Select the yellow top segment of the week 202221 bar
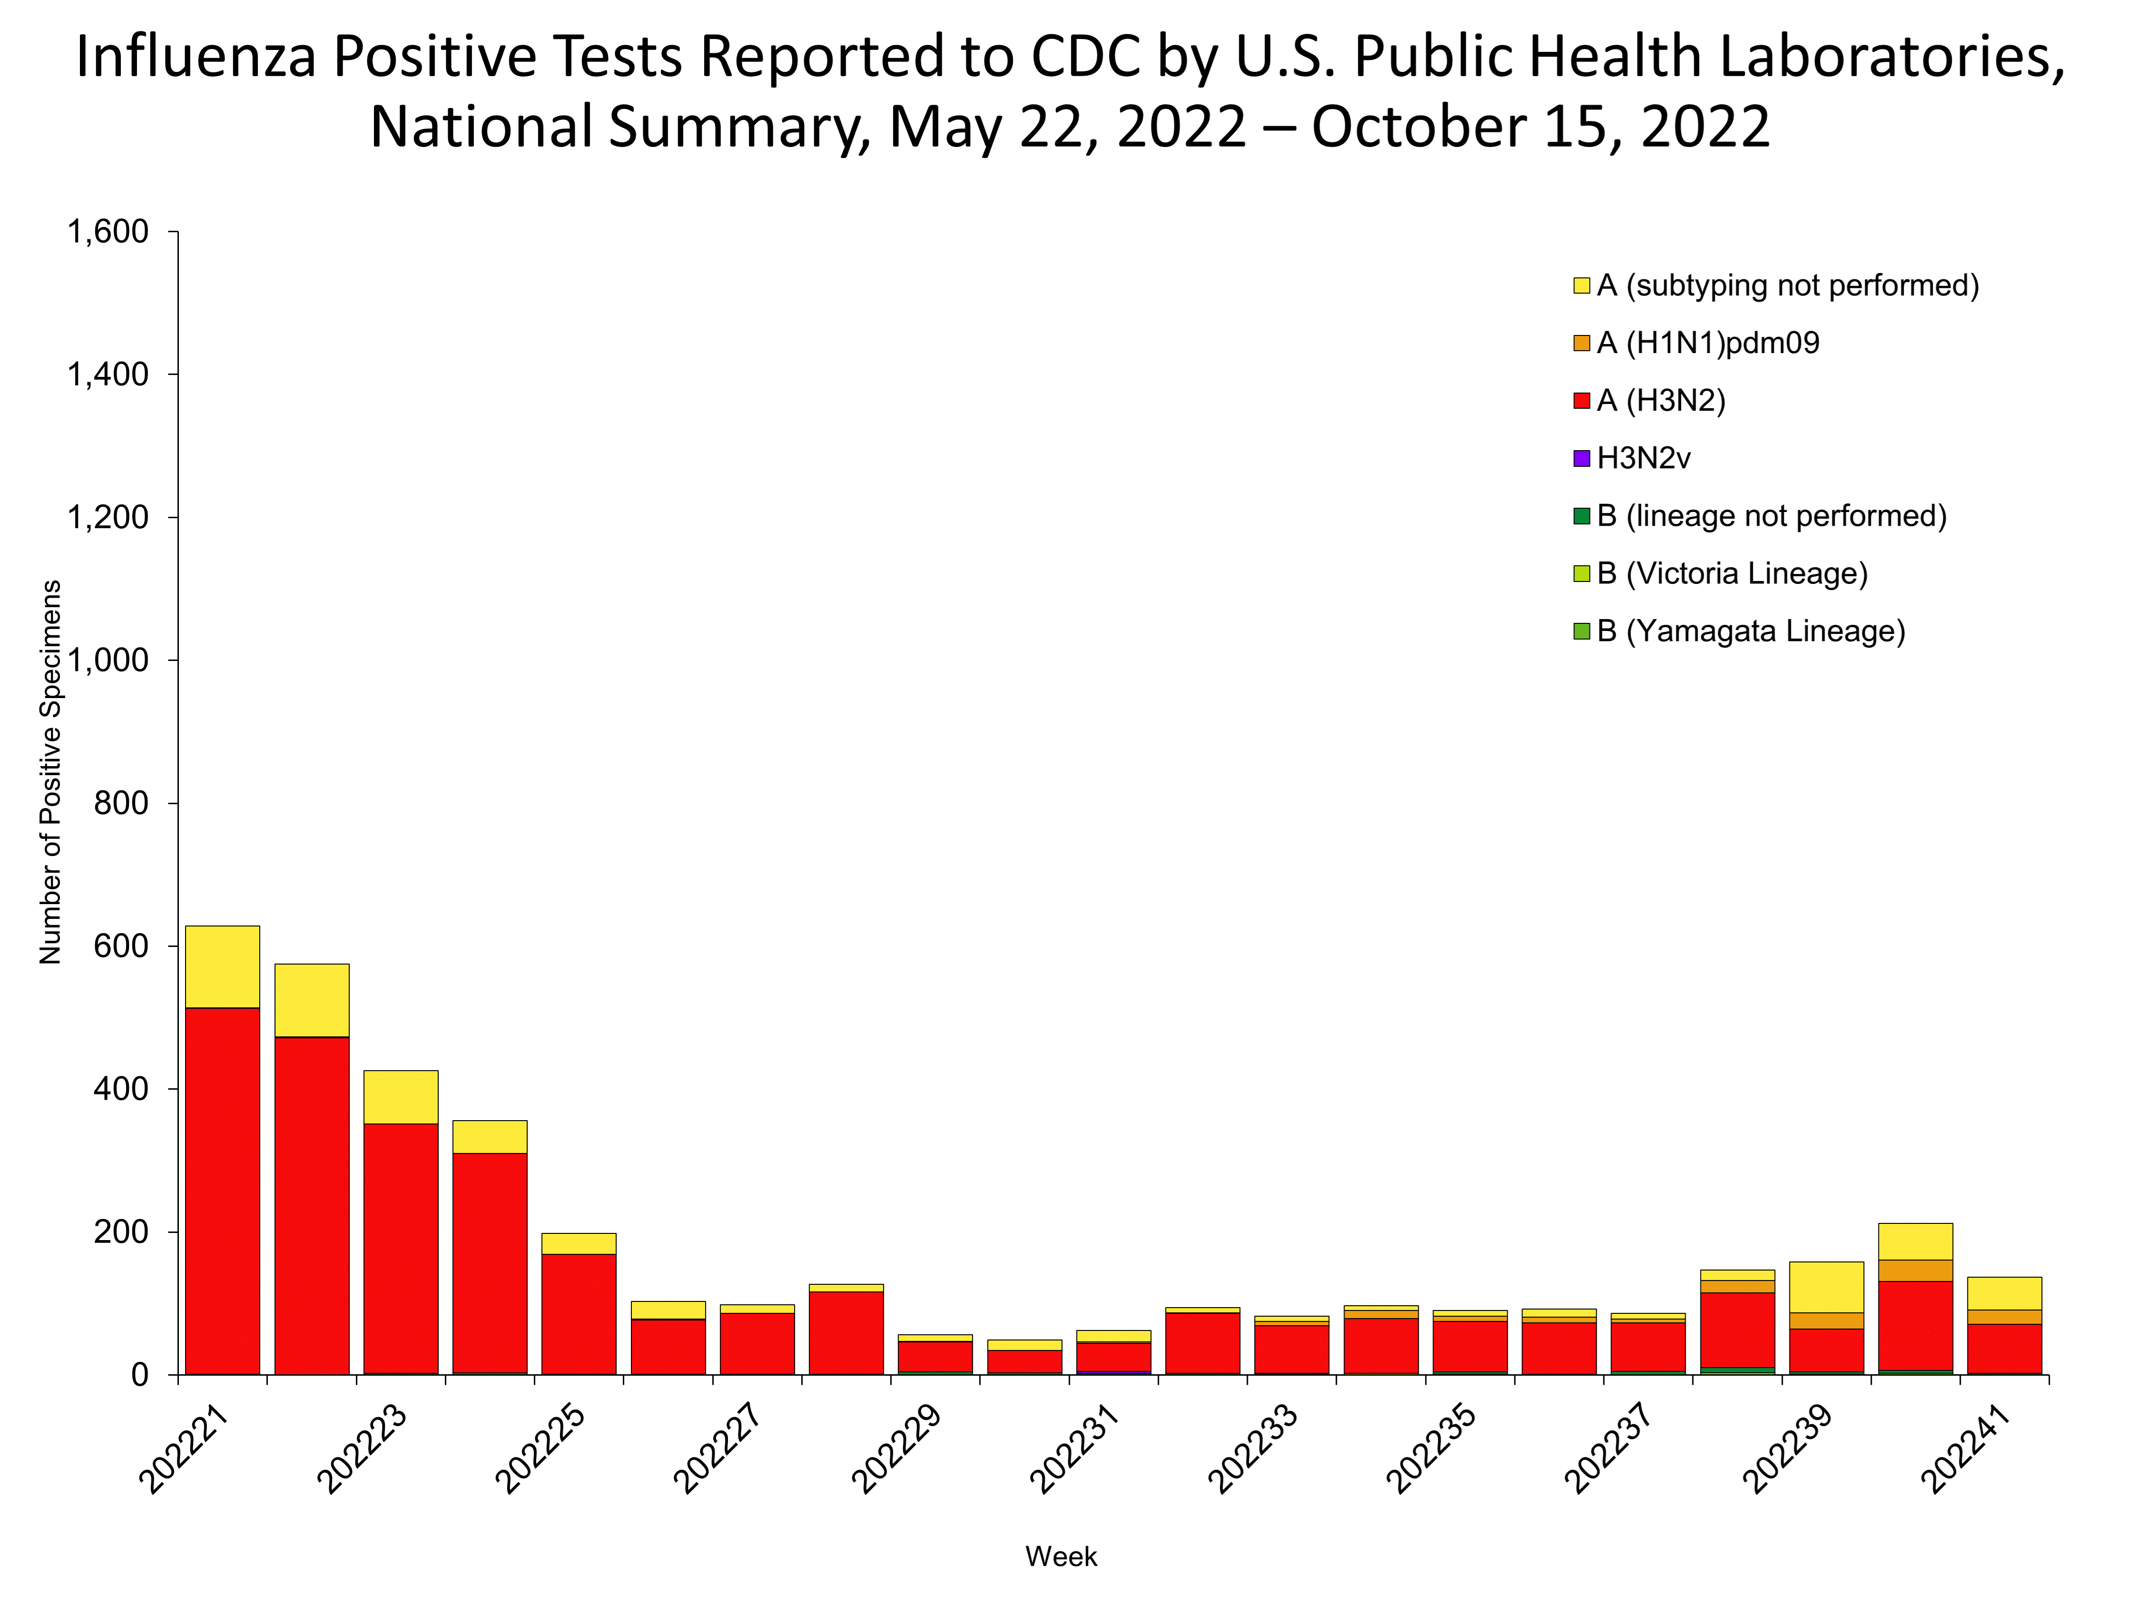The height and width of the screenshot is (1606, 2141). (222, 966)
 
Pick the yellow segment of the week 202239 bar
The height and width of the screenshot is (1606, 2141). (1826, 1287)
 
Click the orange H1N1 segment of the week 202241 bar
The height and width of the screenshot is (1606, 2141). (2004, 1317)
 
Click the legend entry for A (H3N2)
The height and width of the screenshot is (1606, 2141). (1660, 400)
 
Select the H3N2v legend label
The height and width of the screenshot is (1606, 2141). (1642, 458)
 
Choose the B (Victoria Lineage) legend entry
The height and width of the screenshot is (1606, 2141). (1730, 573)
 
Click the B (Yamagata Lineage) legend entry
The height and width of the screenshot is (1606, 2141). (1750, 631)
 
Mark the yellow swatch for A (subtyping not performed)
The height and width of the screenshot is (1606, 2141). (1581, 286)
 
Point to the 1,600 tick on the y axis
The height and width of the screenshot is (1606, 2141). (108, 232)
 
